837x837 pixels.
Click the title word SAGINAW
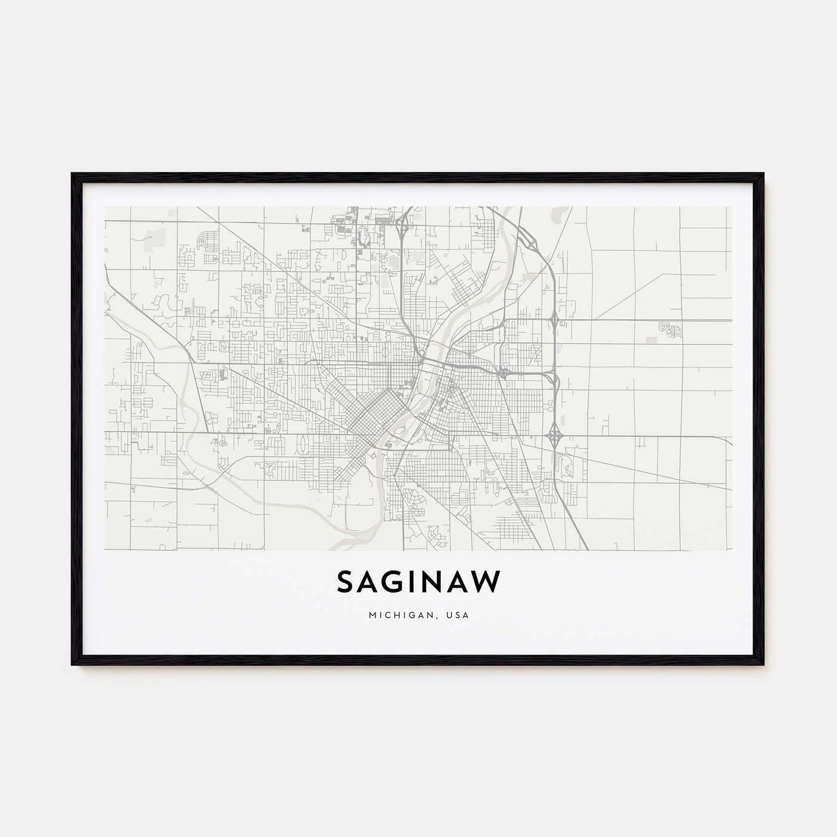pos(418,582)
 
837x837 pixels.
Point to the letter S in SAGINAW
pos(347,582)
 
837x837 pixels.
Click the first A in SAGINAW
pos(371,582)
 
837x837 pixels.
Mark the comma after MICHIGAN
pos(426,616)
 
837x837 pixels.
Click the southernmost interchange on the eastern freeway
pos(555,432)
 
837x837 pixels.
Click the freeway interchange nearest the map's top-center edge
pos(405,225)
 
